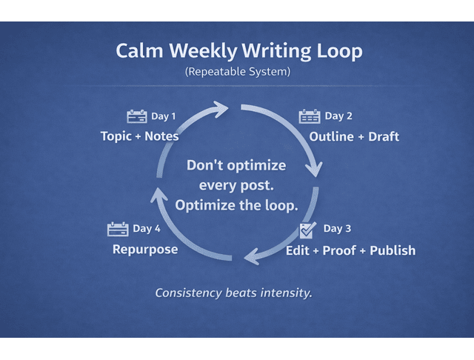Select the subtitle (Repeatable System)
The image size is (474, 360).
tap(236, 73)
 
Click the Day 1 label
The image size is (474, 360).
tap(164, 116)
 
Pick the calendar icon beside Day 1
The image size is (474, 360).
tap(137, 116)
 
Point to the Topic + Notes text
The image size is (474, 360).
tap(139, 136)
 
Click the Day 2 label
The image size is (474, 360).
tap(338, 116)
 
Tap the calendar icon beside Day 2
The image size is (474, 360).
tap(309, 116)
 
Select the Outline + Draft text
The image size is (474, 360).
tap(354, 136)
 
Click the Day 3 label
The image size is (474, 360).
tap(338, 228)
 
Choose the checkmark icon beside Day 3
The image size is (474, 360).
tap(308, 229)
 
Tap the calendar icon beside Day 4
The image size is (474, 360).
tap(118, 229)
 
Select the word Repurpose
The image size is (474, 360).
tap(145, 250)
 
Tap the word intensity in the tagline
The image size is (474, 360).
tap(286, 293)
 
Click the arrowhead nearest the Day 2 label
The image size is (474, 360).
tap(314, 168)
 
